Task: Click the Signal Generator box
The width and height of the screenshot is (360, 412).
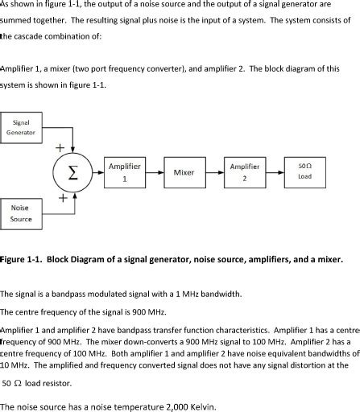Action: (21, 128)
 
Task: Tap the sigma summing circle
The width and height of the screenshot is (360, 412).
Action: (72, 172)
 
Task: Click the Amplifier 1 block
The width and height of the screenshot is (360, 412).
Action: (125, 172)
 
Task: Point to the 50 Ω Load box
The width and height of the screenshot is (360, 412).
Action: (304, 172)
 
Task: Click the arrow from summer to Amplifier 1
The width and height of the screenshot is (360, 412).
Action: (99, 172)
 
